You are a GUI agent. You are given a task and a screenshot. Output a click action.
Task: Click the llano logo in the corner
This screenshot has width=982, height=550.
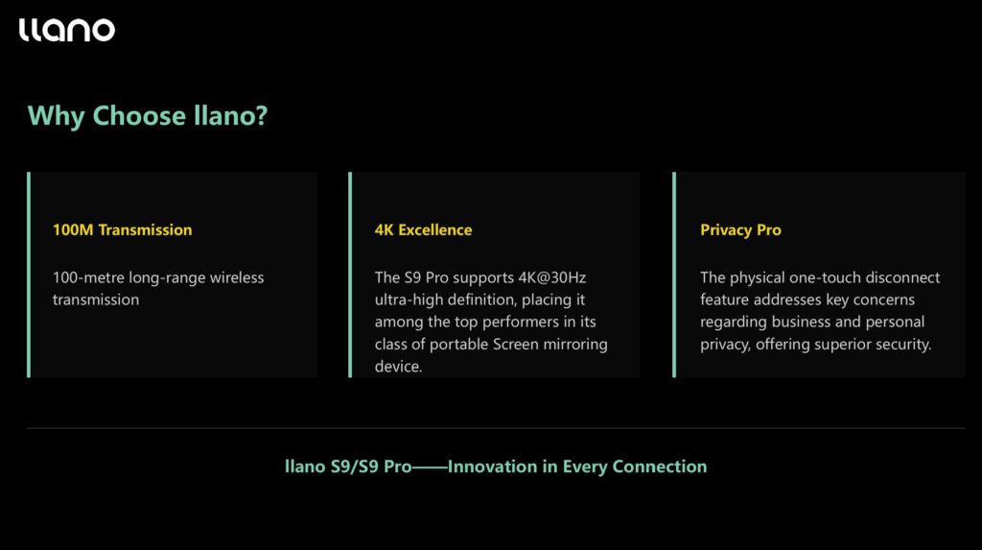(x=67, y=30)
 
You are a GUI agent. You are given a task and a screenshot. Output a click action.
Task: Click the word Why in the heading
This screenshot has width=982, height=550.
(x=56, y=116)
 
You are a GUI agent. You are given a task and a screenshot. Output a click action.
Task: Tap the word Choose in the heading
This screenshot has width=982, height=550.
(x=139, y=115)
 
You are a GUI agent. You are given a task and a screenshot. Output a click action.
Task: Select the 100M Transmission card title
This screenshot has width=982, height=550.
(x=122, y=229)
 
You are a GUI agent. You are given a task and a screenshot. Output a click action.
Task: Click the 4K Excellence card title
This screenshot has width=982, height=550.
(x=423, y=229)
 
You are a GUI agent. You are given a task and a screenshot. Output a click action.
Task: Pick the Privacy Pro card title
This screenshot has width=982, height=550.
(x=740, y=230)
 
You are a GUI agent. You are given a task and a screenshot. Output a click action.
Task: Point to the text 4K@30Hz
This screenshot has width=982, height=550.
(x=551, y=277)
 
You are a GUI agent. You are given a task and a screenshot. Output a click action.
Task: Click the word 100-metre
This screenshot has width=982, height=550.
(x=88, y=277)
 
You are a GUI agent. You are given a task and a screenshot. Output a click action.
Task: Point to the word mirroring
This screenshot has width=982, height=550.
(x=575, y=345)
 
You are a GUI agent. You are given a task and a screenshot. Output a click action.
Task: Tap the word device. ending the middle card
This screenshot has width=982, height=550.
(x=398, y=367)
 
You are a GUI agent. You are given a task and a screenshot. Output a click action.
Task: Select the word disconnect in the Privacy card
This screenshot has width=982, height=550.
(x=902, y=277)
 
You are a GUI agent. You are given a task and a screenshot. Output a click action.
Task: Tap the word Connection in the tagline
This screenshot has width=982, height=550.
(x=660, y=466)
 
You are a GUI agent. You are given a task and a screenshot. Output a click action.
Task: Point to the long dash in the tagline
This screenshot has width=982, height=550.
(x=430, y=467)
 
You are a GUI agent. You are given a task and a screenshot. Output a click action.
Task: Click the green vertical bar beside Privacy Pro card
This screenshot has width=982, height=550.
(x=674, y=275)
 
